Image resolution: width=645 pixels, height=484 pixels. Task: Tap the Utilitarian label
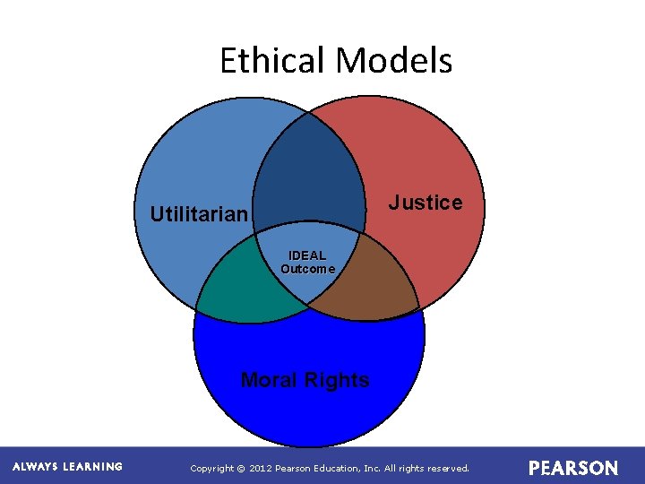point(198,214)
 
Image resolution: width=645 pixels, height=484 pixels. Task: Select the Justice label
point(426,203)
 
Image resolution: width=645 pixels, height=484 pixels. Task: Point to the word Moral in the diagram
point(269,380)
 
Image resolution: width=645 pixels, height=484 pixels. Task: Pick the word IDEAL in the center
point(307,256)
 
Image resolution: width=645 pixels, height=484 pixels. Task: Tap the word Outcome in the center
point(307,269)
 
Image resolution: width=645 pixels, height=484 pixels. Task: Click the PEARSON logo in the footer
point(573,468)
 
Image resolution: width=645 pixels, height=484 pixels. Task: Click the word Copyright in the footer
point(211,468)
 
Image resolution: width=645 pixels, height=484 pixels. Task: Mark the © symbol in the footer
point(241,468)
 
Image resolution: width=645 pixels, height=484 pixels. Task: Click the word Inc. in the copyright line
point(370,468)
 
